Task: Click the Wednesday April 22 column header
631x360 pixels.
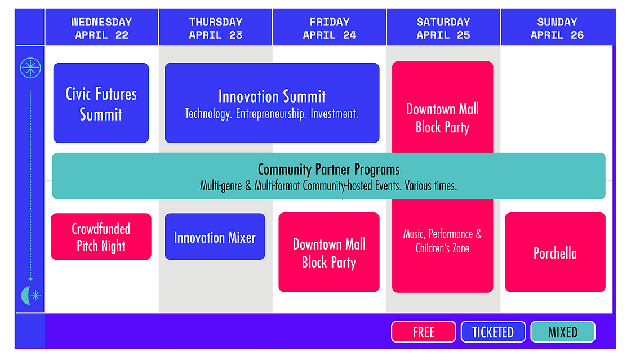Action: [101, 28]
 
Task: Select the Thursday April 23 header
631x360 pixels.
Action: [215, 28]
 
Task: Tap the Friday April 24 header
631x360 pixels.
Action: [329, 28]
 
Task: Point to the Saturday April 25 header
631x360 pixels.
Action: [443, 28]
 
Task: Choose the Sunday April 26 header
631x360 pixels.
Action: [557, 28]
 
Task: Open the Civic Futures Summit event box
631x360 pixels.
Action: [101, 103]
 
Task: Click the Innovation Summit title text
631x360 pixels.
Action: [272, 96]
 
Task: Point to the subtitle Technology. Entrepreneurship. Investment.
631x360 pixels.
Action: [272, 114]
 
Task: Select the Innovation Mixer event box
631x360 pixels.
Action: [215, 237]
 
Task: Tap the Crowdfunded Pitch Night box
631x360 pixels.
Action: [101, 237]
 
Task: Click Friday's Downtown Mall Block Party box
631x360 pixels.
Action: [329, 252]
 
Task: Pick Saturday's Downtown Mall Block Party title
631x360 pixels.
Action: [442, 118]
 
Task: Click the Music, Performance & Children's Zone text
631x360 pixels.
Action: [442, 241]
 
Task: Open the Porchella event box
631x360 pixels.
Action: [555, 252]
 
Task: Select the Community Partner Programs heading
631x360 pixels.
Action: [328, 169]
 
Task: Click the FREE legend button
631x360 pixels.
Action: [423, 332]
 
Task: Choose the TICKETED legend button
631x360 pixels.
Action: [493, 332]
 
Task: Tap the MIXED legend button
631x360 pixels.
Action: [562, 332]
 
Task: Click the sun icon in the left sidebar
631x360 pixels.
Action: [30, 68]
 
